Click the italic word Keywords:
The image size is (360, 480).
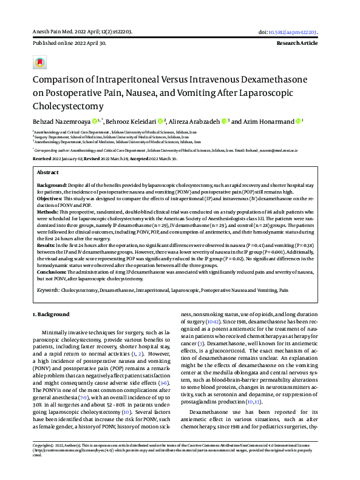point(47,291)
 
